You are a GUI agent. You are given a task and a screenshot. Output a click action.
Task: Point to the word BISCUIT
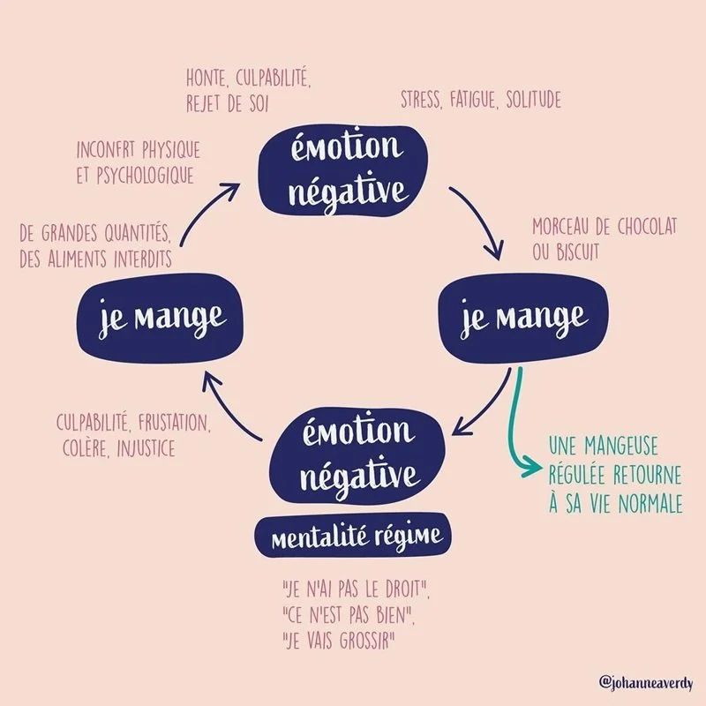pos(577,252)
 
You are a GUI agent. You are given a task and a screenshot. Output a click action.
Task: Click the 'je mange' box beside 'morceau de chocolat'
pos(522,317)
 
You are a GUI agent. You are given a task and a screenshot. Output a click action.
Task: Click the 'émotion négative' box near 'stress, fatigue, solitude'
pos(345,168)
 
